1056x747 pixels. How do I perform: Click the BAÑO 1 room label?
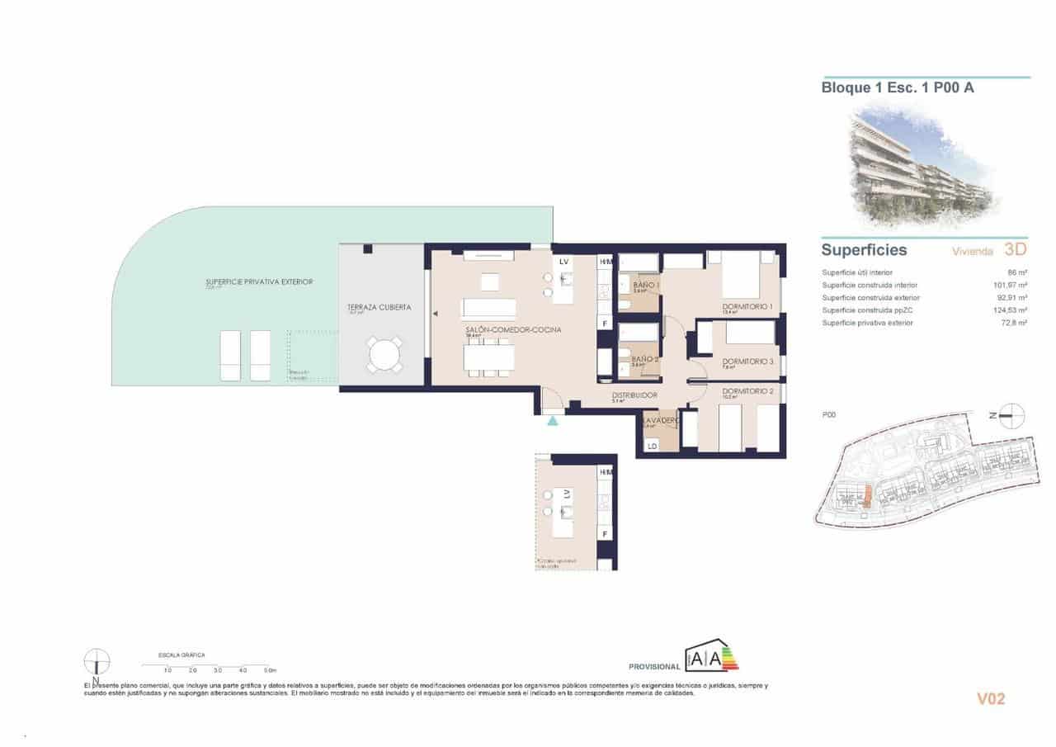[x=646, y=285]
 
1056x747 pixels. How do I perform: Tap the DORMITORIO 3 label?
[x=747, y=362]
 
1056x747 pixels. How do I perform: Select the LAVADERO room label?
[x=659, y=420]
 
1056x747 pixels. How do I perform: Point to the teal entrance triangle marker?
[x=552, y=421]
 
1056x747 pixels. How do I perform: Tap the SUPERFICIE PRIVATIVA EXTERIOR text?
[x=259, y=282]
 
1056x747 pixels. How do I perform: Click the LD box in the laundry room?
[x=652, y=447]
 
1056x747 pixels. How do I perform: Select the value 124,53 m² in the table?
[x=1011, y=310]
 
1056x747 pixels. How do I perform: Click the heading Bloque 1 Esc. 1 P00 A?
[x=898, y=87]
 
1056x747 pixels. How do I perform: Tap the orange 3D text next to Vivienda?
[x=1016, y=249]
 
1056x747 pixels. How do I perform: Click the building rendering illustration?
[x=920, y=169]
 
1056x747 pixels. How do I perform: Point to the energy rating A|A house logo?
[x=710, y=657]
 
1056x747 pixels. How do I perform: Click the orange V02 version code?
[x=991, y=699]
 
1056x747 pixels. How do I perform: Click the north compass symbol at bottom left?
[x=97, y=661]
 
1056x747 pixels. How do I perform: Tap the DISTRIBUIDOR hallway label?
[x=634, y=395]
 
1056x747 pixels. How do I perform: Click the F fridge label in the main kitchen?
[x=605, y=324]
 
